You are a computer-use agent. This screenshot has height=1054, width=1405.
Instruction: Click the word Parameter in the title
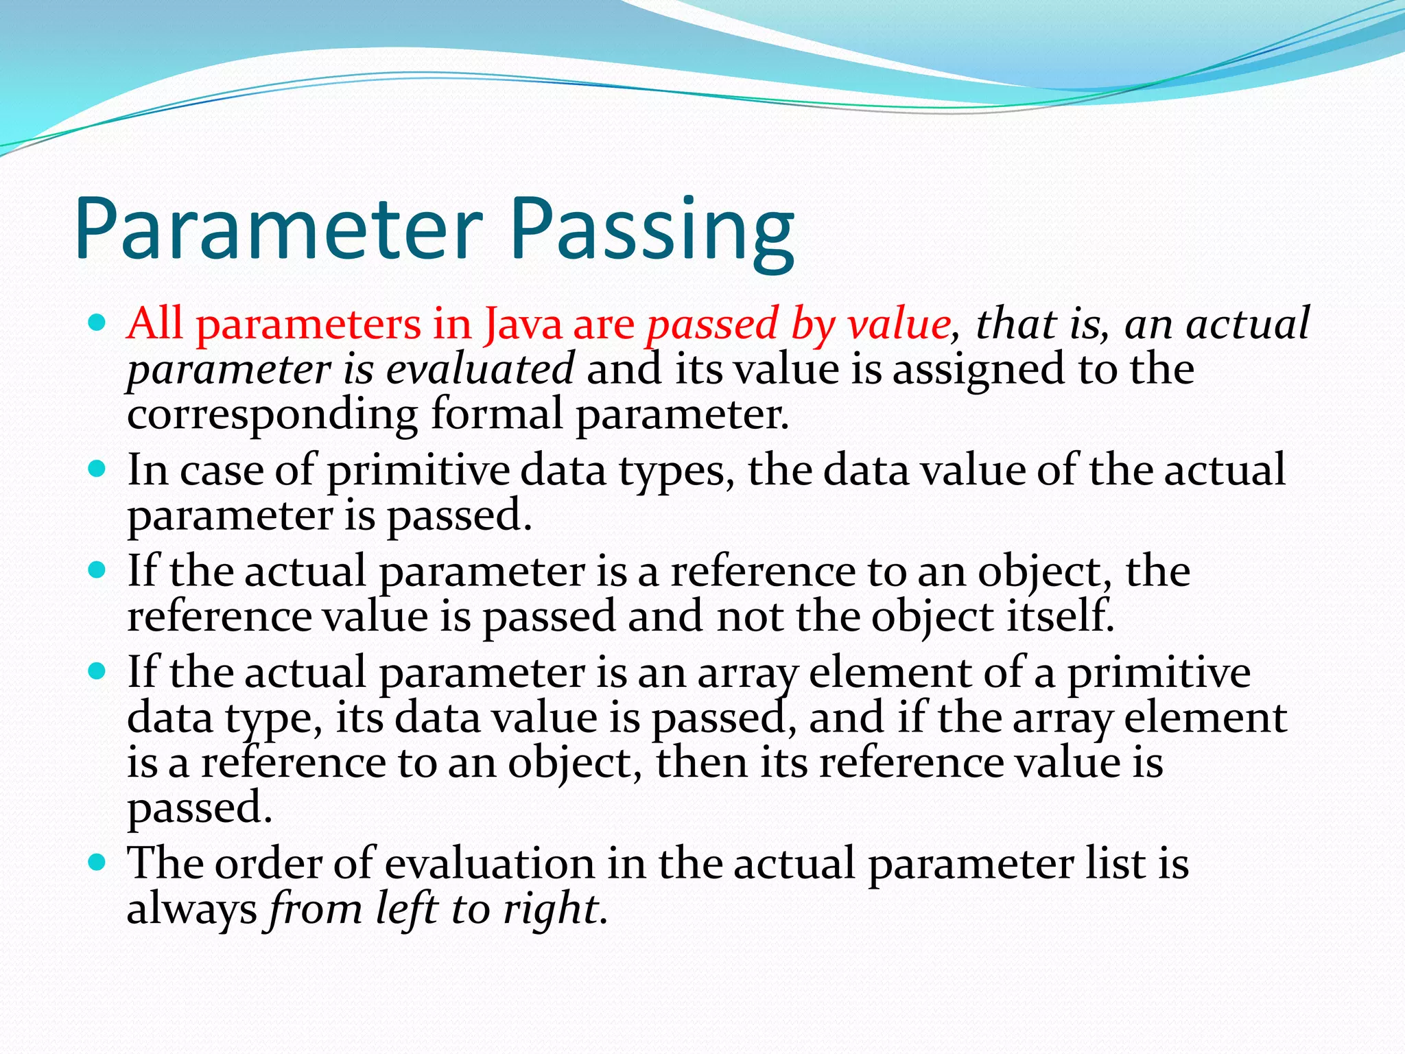click(x=279, y=228)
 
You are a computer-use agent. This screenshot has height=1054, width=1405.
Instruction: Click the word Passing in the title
click(x=652, y=228)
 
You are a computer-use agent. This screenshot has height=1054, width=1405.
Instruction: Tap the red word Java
click(x=523, y=324)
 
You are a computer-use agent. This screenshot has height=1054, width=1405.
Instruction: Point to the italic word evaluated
click(x=480, y=369)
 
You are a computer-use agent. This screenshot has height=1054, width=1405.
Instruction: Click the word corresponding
click(x=272, y=414)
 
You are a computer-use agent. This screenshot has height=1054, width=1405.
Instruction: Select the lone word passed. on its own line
click(x=200, y=808)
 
